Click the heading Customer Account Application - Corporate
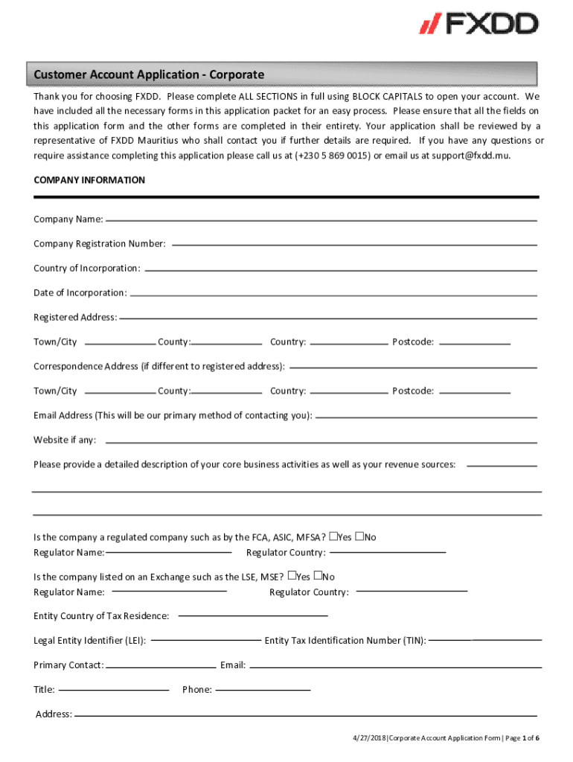(x=149, y=75)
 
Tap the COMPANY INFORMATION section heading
(x=89, y=181)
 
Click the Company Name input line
(x=321, y=220)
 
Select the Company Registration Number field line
(x=354, y=245)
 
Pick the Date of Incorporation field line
(x=334, y=294)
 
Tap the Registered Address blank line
(x=328, y=318)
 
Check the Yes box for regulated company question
(x=334, y=536)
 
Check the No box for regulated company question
(x=360, y=536)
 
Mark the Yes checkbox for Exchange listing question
(x=292, y=575)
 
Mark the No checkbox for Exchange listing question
(x=318, y=575)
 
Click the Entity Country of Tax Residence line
(x=253, y=616)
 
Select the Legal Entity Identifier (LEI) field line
(x=205, y=641)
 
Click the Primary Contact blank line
(x=161, y=665)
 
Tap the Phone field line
(x=263, y=690)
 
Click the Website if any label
(x=65, y=440)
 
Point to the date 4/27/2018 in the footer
(x=369, y=737)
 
